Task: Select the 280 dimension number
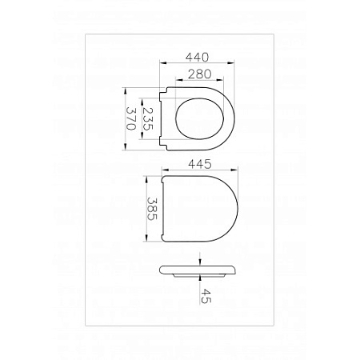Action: [x=200, y=74]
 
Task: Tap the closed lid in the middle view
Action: [x=198, y=208]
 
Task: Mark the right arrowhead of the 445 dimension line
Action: [x=238, y=171]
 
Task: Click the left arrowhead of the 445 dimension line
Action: [x=163, y=171]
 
